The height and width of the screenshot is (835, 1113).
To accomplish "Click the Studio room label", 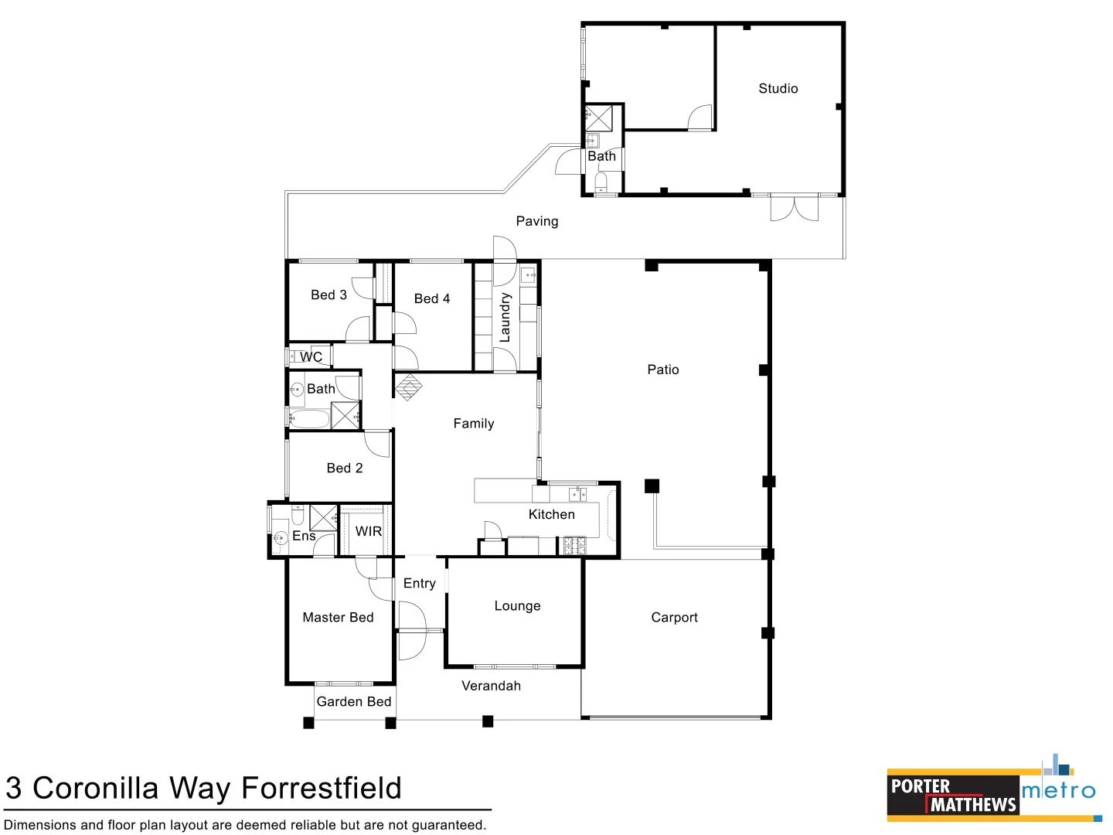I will pyautogui.click(x=778, y=89).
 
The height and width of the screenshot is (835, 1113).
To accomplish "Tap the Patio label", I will pyautogui.click(x=663, y=370).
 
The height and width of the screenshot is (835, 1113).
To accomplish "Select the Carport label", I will pyautogui.click(x=674, y=617).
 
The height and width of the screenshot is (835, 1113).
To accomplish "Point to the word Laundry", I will pyautogui.click(x=505, y=317).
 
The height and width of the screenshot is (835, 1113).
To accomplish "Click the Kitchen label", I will pyautogui.click(x=551, y=514).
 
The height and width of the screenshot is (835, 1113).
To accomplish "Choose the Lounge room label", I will pyautogui.click(x=517, y=606).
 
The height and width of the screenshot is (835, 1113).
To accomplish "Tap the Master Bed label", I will pyautogui.click(x=338, y=617).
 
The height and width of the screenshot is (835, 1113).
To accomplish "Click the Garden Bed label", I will pyautogui.click(x=354, y=701).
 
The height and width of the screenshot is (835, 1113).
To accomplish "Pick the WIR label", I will pyautogui.click(x=369, y=531).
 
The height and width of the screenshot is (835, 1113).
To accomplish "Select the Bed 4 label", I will pyautogui.click(x=432, y=298).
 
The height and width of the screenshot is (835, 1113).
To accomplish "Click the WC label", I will pyautogui.click(x=311, y=356).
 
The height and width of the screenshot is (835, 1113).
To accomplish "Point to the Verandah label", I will pyautogui.click(x=491, y=686).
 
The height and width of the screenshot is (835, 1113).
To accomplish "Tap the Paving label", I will pyautogui.click(x=537, y=221).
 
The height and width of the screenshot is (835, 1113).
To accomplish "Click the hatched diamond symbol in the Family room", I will pyautogui.click(x=408, y=387).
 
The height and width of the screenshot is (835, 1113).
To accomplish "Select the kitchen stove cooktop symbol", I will pyautogui.click(x=574, y=546).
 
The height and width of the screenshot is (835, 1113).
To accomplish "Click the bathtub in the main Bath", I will pyautogui.click(x=310, y=419).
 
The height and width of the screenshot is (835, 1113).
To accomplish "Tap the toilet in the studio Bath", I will pyautogui.click(x=601, y=182).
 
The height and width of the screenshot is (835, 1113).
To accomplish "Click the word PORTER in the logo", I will pyautogui.click(x=920, y=786).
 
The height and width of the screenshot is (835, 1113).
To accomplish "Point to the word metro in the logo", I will pyautogui.click(x=1058, y=791).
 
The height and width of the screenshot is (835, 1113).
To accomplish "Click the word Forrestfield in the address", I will pyautogui.click(x=322, y=788).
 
